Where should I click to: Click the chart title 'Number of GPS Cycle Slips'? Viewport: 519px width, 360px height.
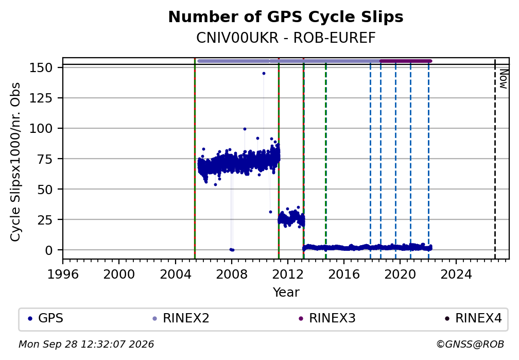tap(286, 17)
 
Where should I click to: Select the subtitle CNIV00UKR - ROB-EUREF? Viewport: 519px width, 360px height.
tap(286, 38)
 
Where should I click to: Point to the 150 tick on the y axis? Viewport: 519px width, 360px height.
tap(41, 67)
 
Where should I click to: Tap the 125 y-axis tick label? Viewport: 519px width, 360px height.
tap(41, 98)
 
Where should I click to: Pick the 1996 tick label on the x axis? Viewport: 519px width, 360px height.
tap(63, 274)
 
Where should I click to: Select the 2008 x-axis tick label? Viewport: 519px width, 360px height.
tap(231, 274)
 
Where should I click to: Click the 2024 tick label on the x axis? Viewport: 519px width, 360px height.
tap(456, 274)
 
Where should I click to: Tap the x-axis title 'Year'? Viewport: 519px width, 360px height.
tap(286, 292)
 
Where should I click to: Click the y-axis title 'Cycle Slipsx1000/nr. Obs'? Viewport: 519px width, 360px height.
tap(15, 162)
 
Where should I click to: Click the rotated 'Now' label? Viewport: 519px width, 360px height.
tap(504, 79)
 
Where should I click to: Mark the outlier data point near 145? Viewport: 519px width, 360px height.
tap(264, 74)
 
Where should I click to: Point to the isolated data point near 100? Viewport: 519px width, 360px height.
tap(245, 129)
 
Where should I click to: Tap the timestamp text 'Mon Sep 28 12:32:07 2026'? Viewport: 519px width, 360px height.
tap(86, 345)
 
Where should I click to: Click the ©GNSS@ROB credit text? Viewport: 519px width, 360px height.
tap(470, 345)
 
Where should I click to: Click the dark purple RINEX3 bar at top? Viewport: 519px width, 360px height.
tap(406, 61)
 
